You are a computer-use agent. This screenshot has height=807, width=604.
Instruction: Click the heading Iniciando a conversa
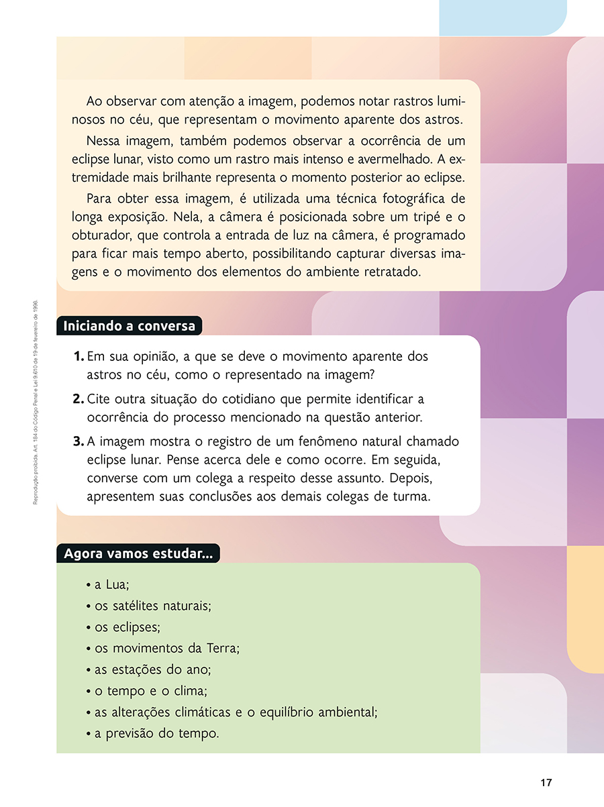129,326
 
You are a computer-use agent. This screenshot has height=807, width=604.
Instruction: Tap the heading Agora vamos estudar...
138,554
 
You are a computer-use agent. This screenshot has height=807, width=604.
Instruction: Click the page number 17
546,783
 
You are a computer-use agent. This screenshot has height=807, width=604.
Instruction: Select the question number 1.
78,356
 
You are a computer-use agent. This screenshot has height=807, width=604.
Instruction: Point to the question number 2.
78,399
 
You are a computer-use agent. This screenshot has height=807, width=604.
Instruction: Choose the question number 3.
78,442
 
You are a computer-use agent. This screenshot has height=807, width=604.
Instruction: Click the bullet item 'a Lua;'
111,585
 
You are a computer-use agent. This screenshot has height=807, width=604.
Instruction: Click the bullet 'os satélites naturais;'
152,606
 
